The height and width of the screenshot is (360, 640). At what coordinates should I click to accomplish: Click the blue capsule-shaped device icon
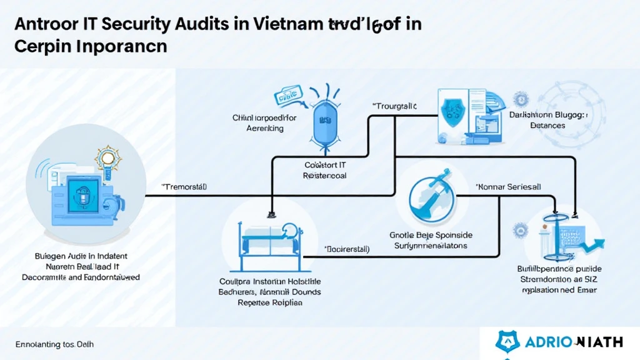point(324,119)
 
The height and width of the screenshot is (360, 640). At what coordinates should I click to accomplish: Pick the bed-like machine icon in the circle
point(265,234)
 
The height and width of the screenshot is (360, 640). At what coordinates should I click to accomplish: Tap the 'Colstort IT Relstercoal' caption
point(324,171)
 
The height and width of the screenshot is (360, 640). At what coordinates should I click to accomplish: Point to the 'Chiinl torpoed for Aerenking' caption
point(265,122)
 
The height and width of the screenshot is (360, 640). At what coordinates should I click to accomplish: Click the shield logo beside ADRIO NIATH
point(507,341)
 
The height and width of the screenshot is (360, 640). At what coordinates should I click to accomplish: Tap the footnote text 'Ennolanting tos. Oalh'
point(54,344)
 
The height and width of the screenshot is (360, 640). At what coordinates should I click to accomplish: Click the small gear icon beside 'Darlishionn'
point(521,98)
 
